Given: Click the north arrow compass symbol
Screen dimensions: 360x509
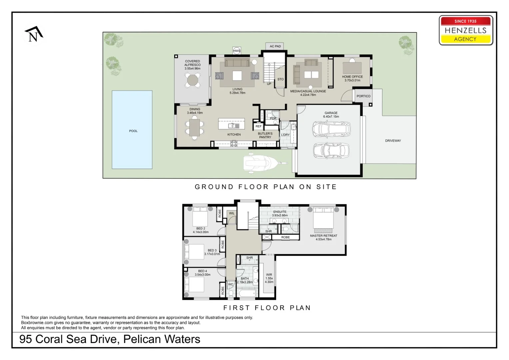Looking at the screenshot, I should tap(34, 34).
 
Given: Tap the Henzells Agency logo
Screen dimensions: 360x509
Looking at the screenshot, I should tap(465, 30).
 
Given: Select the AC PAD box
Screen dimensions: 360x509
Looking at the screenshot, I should tap(275, 46).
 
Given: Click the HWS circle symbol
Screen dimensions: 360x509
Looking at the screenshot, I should tap(237, 51).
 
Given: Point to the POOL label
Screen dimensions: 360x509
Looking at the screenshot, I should tap(133, 131).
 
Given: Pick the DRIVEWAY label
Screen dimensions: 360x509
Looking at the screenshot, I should tap(393, 141).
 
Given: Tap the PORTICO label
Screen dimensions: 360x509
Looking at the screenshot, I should tap(363, 96).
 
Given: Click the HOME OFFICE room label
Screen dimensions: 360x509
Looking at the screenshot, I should tap(352, 77).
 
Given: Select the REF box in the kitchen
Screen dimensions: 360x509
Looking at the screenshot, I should tap(258, 126).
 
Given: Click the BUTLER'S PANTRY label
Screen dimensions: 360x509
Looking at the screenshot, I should tap(265, 135).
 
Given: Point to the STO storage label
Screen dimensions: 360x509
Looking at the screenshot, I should tap(280, 79).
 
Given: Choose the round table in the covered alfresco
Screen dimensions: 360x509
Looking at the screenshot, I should tap(193, 80).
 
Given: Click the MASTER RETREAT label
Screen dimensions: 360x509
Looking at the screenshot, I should tap(323, 236).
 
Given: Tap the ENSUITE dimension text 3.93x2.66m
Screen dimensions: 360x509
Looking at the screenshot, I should tap(280, 215).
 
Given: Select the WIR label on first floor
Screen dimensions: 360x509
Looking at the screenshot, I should tap(269, 275).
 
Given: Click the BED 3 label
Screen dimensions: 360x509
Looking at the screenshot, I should tap(212, 250).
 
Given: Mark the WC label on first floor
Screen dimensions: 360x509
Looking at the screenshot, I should tap(231, 284).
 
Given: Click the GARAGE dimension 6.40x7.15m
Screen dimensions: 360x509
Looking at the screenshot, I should tap(331, 117).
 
